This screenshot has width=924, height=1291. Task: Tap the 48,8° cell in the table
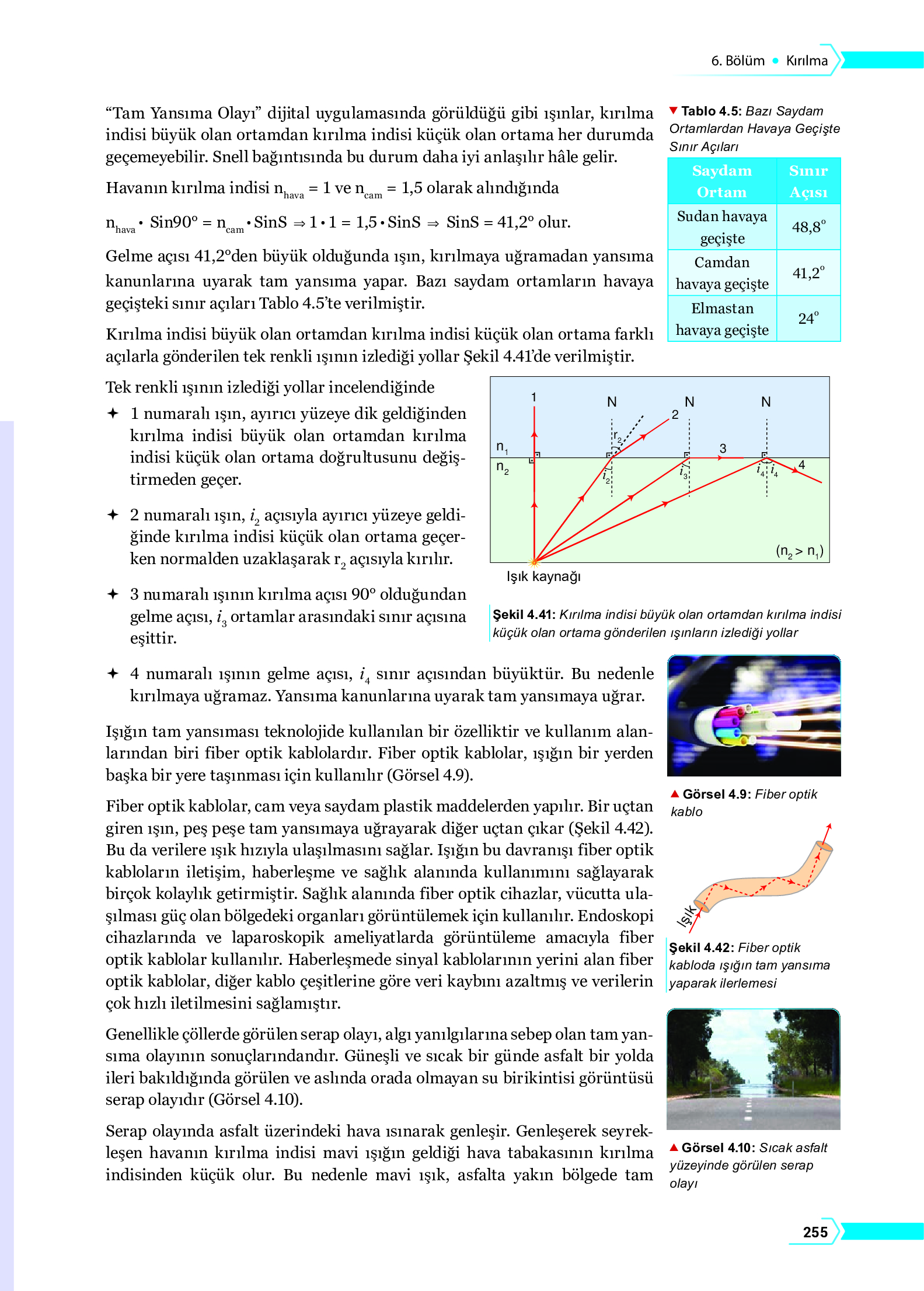click(808, 227)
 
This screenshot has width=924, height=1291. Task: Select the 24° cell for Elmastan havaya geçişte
click(808, 319)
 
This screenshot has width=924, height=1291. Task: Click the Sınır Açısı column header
click(808, 181)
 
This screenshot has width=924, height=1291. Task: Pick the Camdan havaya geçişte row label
click(722, 273)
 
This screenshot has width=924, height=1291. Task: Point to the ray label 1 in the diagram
click(534, 397)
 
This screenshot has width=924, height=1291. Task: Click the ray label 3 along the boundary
click(723, 448)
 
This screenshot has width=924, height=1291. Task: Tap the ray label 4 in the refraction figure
click(801, 464)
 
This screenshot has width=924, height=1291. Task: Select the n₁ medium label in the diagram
click(502, 447)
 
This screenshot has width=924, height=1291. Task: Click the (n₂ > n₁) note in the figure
click(799, 551)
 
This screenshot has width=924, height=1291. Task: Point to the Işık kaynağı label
click(543, 576)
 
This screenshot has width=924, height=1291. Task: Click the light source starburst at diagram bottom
click(534, 562)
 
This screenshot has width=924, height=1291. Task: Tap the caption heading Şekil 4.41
click(522, 614)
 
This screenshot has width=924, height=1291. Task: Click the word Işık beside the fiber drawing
click(686, 916)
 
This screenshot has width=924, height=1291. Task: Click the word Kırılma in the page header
click(806, 61)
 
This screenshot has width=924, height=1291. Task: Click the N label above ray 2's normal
click(611, 402)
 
